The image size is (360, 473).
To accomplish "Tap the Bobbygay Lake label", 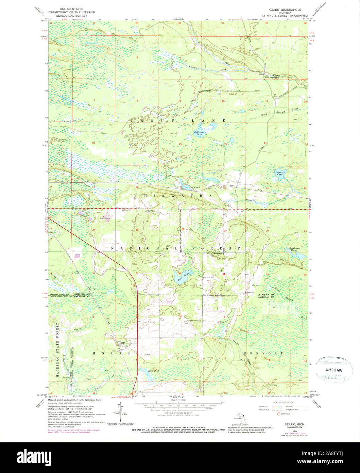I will pos(199,133).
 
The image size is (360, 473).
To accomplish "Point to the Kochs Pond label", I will pos(144,371).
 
